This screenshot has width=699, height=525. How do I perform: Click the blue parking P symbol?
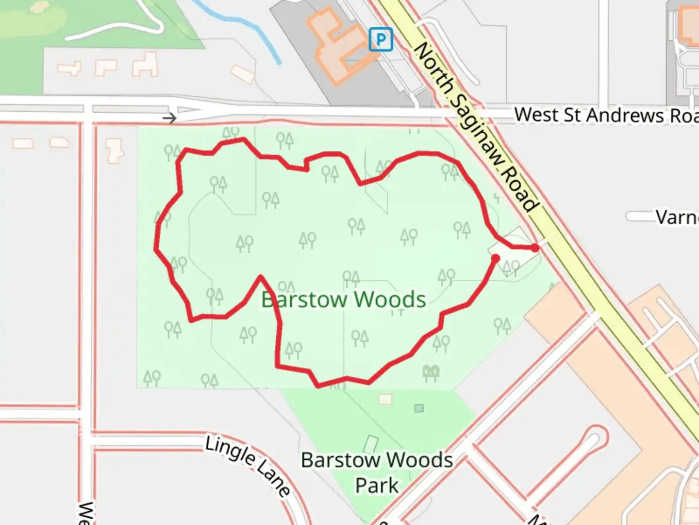point(381,39)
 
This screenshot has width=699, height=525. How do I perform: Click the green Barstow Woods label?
point(344,299)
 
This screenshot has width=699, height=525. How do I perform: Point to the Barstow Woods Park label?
point(377,472)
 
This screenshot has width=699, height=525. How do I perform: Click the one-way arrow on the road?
point(169,118)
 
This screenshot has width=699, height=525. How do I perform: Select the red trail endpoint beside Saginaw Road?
point(534,248)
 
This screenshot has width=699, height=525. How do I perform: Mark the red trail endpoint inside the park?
point(495,259)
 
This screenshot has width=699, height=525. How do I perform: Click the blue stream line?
point(243,29)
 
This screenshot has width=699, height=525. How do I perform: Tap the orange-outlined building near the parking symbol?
point(340,46)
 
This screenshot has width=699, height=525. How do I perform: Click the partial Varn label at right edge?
point(677,217)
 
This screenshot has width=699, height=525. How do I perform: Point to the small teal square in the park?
point(419,408)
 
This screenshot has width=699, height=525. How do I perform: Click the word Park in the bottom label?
point(377,486)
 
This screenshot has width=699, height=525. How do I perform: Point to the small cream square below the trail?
point(385,399)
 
